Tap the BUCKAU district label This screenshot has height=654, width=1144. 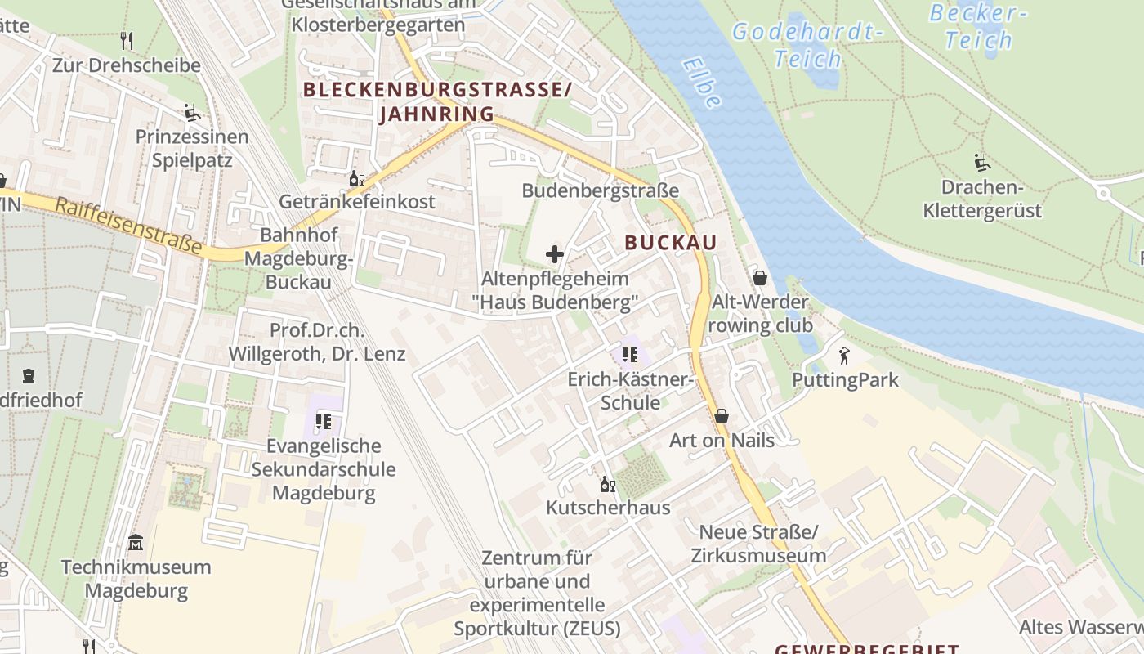tap(670, 242)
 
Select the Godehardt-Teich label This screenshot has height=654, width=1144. tap(807, 46)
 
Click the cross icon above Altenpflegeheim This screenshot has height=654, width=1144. tap(555, 254)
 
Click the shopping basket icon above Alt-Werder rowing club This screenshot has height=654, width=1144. tap(760, 278)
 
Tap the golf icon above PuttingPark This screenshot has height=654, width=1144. tap(844, 356)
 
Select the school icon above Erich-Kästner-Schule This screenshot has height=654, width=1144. tap(629, 355)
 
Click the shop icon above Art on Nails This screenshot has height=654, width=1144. tap(722, 416)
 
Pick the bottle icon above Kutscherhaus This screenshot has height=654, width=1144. tap(607, 485)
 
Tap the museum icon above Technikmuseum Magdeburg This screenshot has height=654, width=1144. tap(136, 542)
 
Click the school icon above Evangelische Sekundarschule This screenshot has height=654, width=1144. tap(323, 422)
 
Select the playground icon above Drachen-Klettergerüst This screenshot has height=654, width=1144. tap(982, 163)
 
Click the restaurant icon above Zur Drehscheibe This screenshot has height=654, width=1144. tap(126, 40)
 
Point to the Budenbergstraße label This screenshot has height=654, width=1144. tap(601, 190)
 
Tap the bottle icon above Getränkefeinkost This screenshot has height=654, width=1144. tap(357, 178)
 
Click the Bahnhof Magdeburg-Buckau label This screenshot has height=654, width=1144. tap(298, 258)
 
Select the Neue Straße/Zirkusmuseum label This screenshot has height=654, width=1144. tap(758, 544)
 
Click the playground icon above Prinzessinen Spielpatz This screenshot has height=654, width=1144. tap(192, 112)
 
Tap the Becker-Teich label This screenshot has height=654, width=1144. tap(979, 26)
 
